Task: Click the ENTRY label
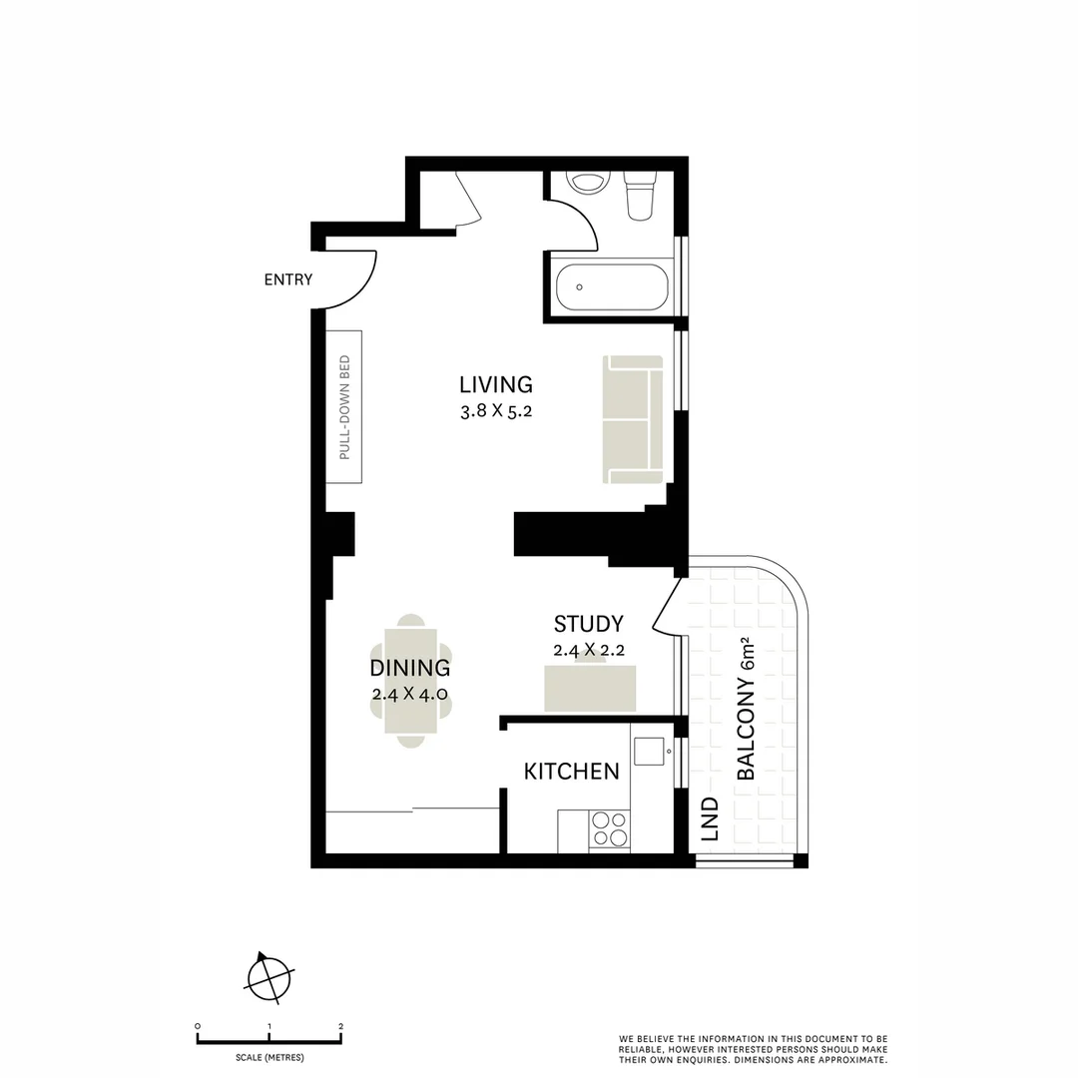click(287, 280)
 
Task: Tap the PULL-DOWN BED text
click(344, 407)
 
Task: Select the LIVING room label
click(495, 384)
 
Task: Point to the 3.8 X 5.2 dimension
click(495, 410)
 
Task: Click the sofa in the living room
click(633, 419)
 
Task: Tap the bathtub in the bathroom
click(610, 287)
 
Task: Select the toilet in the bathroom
click(639, 196)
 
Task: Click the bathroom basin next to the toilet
click(587, 182)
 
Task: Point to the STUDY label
click(588, 624)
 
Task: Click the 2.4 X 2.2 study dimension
click(588, 650)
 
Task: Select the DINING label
click(409, 669)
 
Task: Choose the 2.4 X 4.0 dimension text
click(409, 695)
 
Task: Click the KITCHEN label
click(571, 772)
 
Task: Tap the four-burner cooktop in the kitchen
click(609, 828)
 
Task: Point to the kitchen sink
click(650, 751)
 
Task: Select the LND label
click(710, 818)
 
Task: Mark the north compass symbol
click(269, 975)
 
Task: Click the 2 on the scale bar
click(340, 1026)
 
